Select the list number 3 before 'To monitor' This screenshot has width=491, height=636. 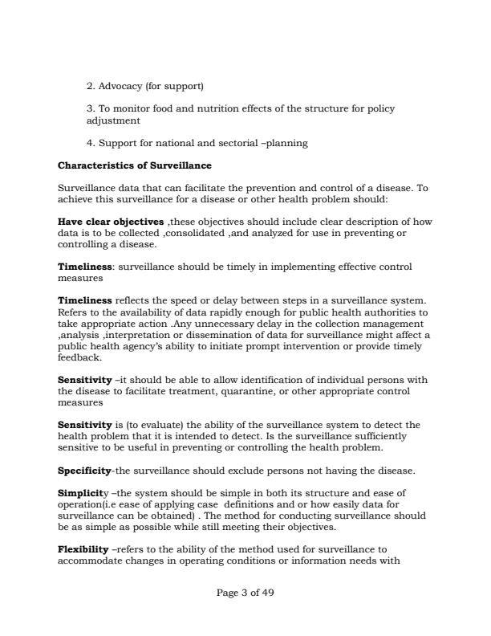[x=88, y=108]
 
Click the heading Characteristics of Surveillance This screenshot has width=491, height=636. [x=135, y=165]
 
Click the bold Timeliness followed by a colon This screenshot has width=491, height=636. [x=85, y=265]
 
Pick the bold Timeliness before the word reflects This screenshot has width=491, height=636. [x=85, y=300]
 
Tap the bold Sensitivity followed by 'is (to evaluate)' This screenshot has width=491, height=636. [x=85, y=424]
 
